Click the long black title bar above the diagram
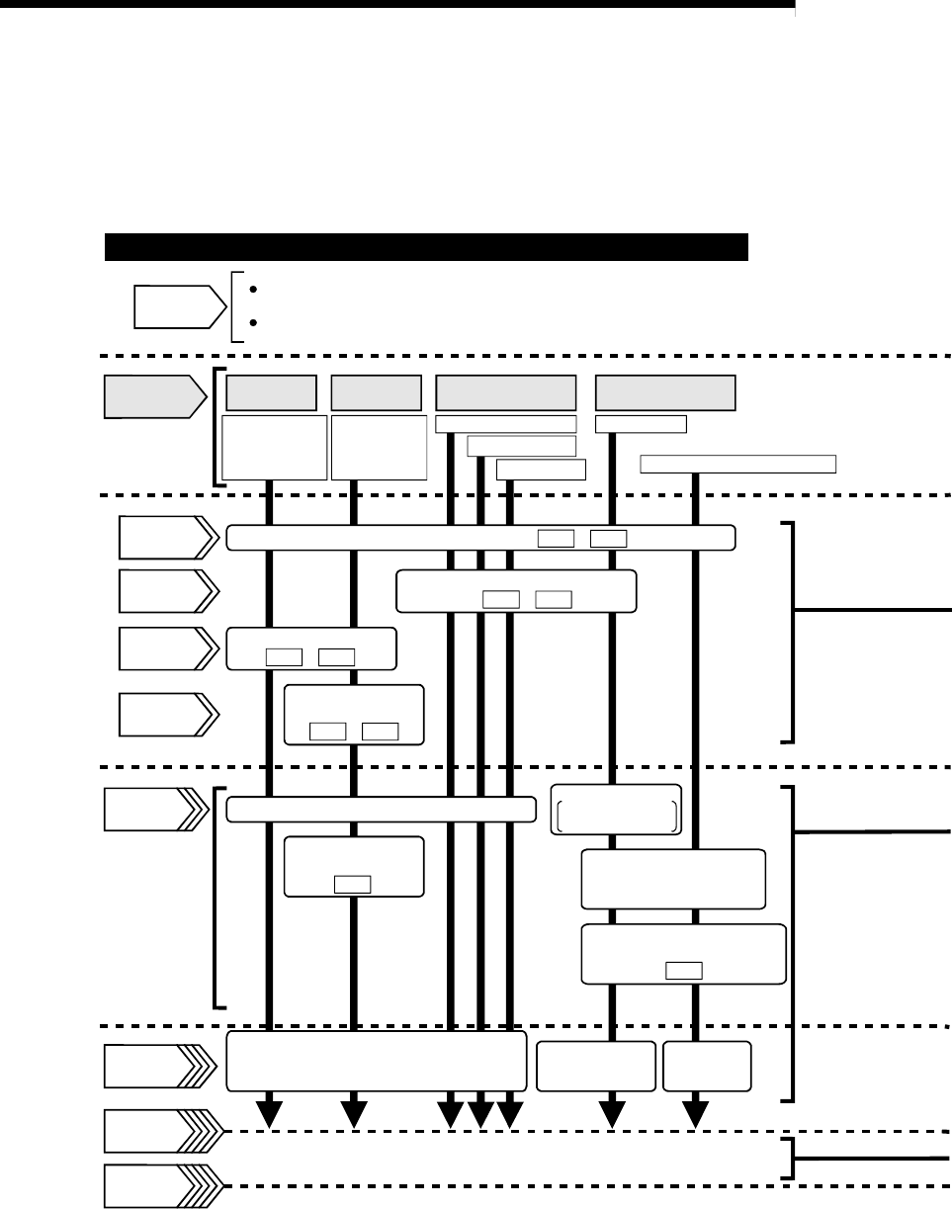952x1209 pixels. [425, 246]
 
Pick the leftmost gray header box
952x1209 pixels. [271, 392]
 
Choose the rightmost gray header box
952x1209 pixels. [665, 392]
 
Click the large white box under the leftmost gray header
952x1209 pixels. [275, 447]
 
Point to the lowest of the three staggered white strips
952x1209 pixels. [541, 469]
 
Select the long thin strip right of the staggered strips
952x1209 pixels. [737, 463]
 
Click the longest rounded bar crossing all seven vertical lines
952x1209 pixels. [480, 538]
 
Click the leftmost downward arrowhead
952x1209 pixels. [269, 1115]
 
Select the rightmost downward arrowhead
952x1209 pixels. [698, 1115]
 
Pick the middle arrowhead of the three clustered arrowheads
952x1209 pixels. [480, 1115]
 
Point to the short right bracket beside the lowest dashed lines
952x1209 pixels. [787, 1158]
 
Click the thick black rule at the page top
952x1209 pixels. [395, 5]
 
